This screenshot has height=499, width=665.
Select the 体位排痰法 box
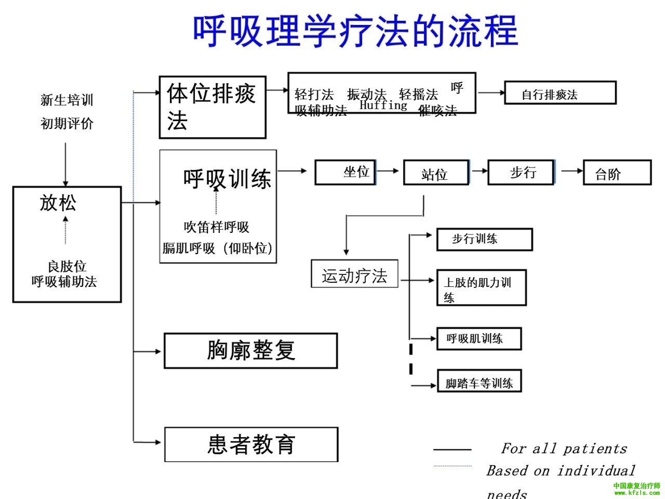pyautogui.click(x=212, y=108)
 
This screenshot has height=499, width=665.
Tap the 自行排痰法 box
pyautogui.click(x=560, y=93)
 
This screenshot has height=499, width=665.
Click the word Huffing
pyautogui.click(x=383, y=105)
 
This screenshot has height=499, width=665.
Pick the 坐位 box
pyautogui.click(x=345, y=172)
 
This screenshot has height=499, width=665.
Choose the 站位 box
pyautogui.click(x=436, y=173)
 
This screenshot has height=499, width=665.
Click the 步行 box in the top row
pyautogui.click(x=521, y=172)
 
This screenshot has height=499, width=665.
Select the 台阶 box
pyautogui.click(x=617, y=173)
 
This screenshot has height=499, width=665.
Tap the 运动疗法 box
pyautogui.click(x=354, y=274)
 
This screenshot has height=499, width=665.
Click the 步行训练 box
pyautogui.click(x=484, y=239)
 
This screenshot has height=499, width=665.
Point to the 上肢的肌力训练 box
pyautogui.click(x=481, y=287)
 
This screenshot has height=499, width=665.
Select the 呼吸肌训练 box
pyautogui.click(x=478, y=338)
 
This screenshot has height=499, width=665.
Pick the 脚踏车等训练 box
pyautogui.click(x=479, y=382)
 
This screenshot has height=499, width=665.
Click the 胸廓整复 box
pyautogui.click(x=251, y=351)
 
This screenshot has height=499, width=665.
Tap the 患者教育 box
pyautogui.click(x=251, y=444)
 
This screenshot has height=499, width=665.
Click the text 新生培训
pyautogui.click(x=67, y=100)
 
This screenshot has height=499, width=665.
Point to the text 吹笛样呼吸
pyautogui.click(x=216, y=227)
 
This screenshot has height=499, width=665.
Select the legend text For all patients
pyautogui.click(x=564, y=448)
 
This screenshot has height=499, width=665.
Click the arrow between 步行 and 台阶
pyautogui.click(x=571, y=170)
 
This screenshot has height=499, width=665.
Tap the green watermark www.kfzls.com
pyautogui.click(x=637, y=493)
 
